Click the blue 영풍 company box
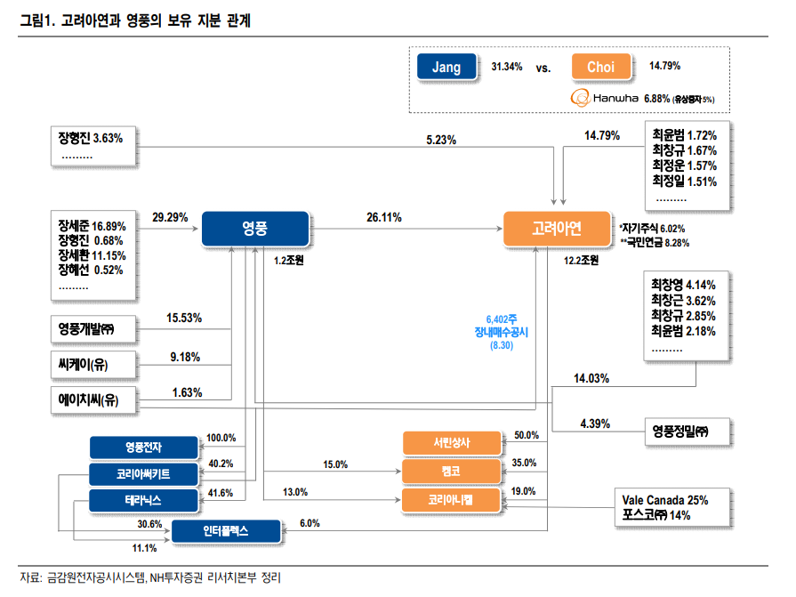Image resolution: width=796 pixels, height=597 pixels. point(254,229)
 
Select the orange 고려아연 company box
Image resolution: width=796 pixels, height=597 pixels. point(557,229)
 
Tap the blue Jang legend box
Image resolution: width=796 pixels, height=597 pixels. point(446,67)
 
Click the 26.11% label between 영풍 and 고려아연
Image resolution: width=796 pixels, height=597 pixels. point(384,216)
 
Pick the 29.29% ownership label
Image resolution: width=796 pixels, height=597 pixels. point(170,216)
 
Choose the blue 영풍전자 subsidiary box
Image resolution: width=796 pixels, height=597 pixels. point(143,445)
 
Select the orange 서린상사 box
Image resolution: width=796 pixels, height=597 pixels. point(452,442)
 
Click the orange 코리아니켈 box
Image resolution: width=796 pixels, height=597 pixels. point(452,500)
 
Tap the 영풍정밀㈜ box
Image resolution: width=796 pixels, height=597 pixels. point(687,432)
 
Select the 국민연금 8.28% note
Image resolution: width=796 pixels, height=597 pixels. point(655,242)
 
